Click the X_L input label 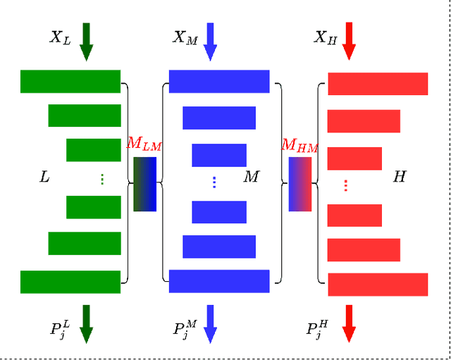pos(60,38)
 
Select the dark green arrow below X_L pos(86,42)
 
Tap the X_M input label pos(185,38)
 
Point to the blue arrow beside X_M pos(210,42)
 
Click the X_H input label pos(325,38)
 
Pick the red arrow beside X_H pos(348,42)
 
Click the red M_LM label pos(144,144)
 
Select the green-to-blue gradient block pos(144,184)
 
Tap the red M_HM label pos(299,146)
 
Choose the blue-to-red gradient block pos(299,184)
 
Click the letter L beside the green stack pos(44,178)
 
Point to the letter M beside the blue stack pos(251,178)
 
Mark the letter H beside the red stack pos(399,178)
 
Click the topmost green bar pos(70,81)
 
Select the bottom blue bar pos(219,281)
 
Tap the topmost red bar pos(378,84)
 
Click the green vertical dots pos(102,180)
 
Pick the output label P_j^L pos(60,328)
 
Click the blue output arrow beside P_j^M pos(210,324)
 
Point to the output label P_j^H pos(316,328)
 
